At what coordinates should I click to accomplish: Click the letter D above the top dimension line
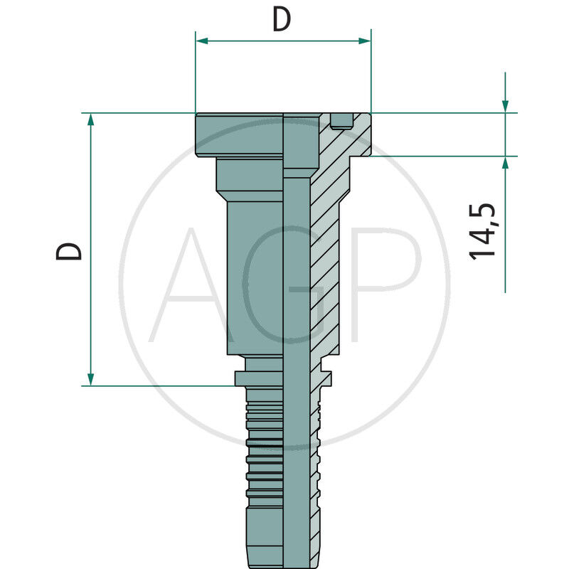tap(282, 20)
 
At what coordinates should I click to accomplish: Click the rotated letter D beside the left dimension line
tap(70, 250)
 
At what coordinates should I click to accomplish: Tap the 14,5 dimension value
tap(483, 231)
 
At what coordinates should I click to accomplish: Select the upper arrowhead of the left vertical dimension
tap(90, 119)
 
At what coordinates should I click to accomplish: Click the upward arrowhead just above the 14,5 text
tap(505, 163)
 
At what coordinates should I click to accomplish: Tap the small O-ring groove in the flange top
tap(342, 122)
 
